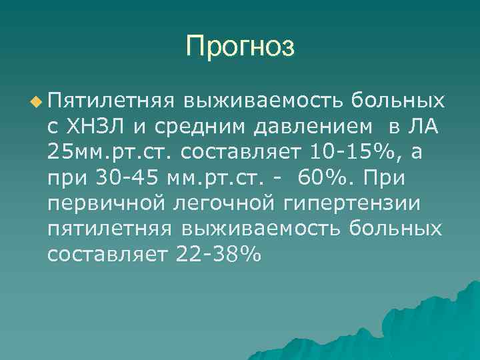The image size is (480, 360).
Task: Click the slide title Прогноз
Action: pyautogui.click(x=240, y=47)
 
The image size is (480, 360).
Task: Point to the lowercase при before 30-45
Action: pyautogui.click(x=65, y=178)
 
